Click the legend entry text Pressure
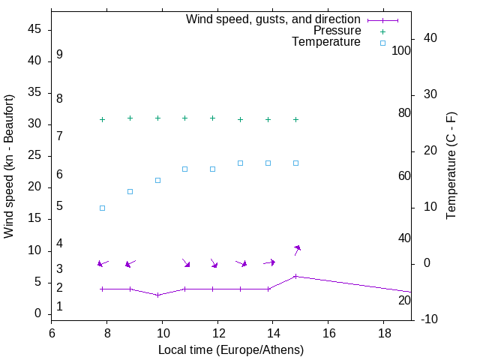(337, 31)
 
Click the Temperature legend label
(326, 42)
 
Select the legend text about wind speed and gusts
(273, 19)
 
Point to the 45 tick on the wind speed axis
(34, 29)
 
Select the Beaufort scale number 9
(59, 55)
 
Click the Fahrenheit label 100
(401, 51)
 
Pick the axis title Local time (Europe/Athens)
(231, 349)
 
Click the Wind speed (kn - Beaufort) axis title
(10, 166)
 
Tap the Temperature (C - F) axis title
(451, 166)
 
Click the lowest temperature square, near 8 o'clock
(102, 208)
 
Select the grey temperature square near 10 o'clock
(157, 180)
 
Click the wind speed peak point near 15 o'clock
(295, 276)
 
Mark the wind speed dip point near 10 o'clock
(157, 295)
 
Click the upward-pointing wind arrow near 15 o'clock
(297, 250)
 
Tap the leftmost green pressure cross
(102, 119)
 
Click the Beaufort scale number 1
(59, 307)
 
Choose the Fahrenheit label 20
(404, 301)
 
